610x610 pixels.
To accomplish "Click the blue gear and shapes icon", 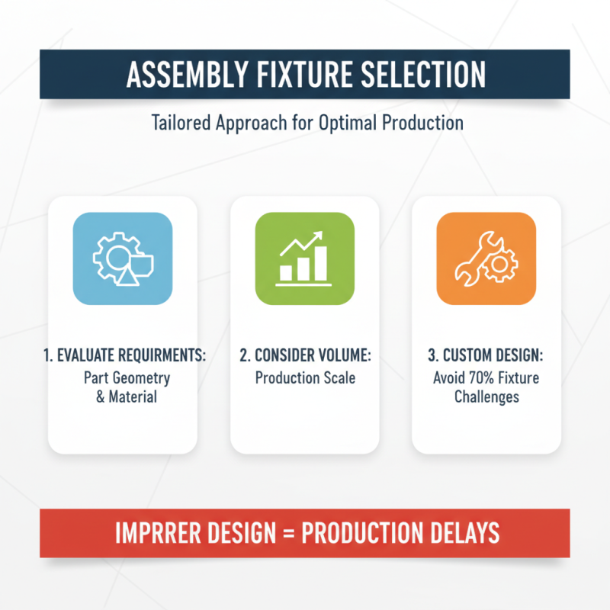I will (x=122, y=259).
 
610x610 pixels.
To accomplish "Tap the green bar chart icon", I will (x=304, y=259).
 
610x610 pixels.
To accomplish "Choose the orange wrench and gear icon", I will (x=486, y=259).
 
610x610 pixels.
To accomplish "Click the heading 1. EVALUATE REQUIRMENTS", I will (x=123, y=356).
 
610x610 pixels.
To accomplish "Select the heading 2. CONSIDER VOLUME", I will (x=305, y=356).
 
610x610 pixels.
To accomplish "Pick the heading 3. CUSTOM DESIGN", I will (x=486, y=356).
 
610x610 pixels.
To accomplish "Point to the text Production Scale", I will (x=305, y=377).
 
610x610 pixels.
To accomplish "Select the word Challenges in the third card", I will (x=486, y=396).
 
